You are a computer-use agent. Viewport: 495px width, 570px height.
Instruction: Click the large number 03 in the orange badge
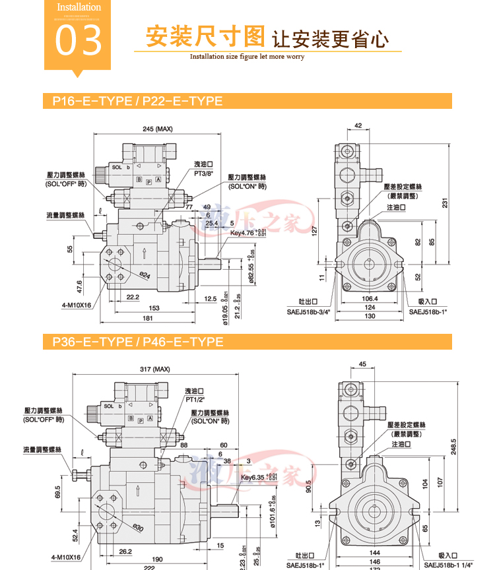79,40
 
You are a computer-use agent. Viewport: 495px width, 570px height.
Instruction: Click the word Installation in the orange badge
79,7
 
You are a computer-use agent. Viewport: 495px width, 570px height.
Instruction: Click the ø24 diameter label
145,274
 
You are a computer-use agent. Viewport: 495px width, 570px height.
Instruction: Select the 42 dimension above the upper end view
358,125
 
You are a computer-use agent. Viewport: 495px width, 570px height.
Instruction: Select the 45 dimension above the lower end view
362,364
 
